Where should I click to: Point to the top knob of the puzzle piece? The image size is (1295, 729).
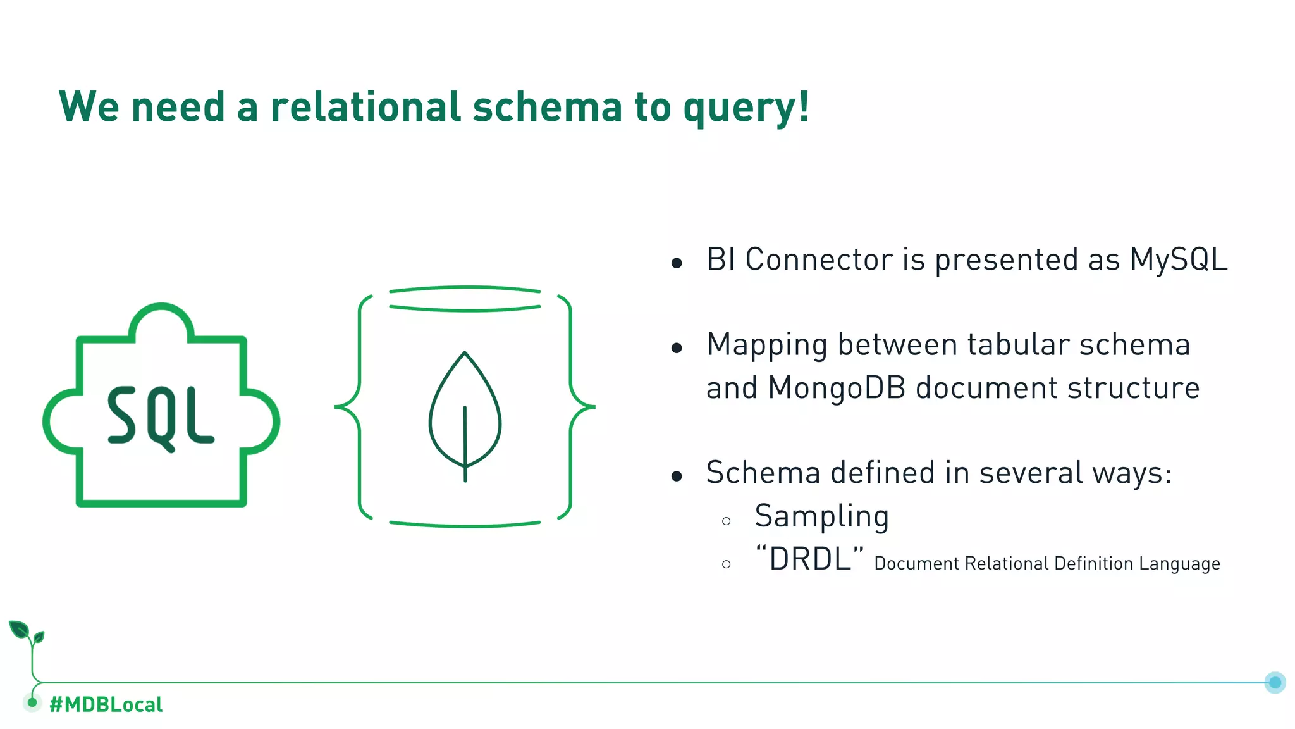pyautogui.click(x=161, y=320)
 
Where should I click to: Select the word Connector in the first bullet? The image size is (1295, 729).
pyautogui.click(x=818, y=259)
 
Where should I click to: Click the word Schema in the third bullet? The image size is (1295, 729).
pyautogui.click(x=763, y=473)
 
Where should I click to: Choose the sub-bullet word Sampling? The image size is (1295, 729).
pyautogui.click(x=821, y=516)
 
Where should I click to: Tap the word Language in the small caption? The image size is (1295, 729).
pyautogui.click(x=1179, y=563)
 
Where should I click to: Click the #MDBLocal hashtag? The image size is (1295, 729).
pyautogui.click(x=106, y=704)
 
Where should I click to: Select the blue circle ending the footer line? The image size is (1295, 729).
pyautogui.click(x=1275, y=682)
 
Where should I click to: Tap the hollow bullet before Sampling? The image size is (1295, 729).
pyautogui.click(x=726, y=521)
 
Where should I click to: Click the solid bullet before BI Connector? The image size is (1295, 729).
pyautogui.click(x=677, y=263)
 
